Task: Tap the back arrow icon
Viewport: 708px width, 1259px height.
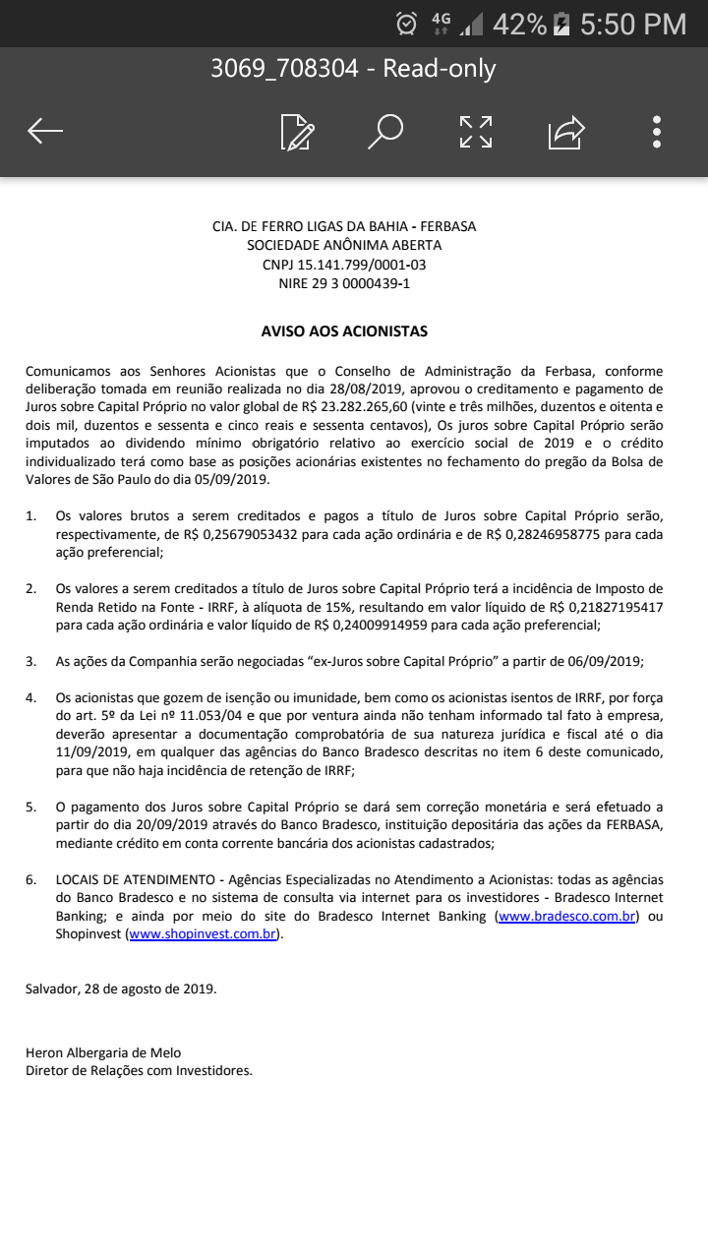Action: point(45,131)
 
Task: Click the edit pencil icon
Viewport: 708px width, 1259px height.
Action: point(297,131)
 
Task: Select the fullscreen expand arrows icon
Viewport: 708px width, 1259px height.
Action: point(476,131)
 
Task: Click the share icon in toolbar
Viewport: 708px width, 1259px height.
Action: point(566,131)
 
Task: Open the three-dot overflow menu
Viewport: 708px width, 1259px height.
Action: point(657,131)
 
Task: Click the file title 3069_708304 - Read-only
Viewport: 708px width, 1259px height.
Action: point(353,69)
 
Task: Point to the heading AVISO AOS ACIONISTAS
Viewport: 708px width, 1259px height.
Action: point(344,331)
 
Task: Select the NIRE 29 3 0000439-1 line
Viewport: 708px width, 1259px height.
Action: point(344,283)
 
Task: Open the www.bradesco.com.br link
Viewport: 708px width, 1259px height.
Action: point(567,917)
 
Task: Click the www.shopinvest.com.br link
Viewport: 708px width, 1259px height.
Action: point(204,934)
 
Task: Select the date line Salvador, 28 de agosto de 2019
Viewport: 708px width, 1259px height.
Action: point(121,989)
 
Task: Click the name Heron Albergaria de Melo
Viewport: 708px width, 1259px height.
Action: point(103,1052)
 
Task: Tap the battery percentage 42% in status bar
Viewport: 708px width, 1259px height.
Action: point(519,25)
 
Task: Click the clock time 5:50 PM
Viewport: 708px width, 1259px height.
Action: point(633,25)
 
